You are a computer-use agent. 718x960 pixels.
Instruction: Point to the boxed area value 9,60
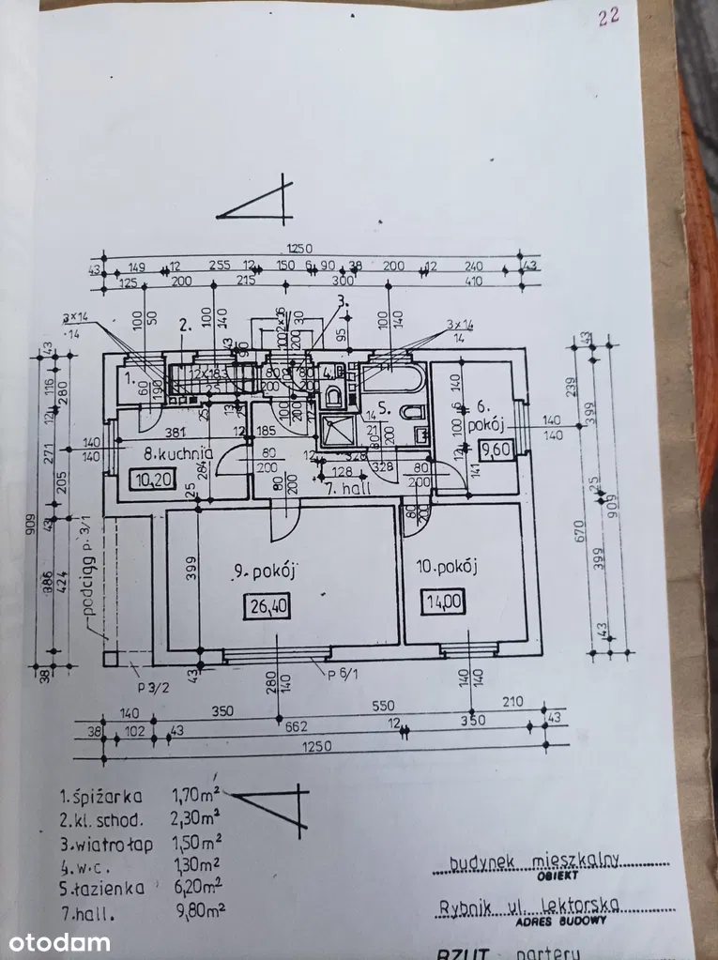click(496, 450)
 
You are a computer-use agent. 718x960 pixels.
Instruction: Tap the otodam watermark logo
click(56, 942)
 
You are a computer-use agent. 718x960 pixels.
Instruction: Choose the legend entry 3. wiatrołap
click(103, 842)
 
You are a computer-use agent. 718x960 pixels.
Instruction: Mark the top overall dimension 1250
click(298, 249)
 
